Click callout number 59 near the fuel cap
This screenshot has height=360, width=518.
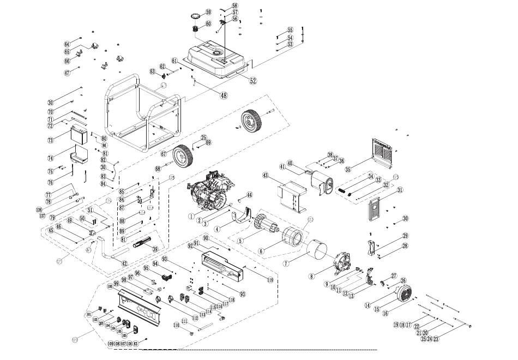pos(208,12)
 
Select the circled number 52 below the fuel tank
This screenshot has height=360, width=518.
pos(252,80)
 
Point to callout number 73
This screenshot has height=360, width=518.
pos(51,140)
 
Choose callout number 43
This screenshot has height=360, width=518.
pos(266,176)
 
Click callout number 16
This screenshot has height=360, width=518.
pos(386,313)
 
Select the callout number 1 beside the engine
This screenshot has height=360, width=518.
pos(191,216)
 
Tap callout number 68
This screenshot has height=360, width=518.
pos(158,169)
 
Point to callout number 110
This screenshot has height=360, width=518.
pos(177,325)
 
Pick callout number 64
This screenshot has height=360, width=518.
pos(67,44)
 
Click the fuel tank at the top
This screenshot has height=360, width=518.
pos(218,60)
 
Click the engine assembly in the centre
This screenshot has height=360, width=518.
pos(210,191)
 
